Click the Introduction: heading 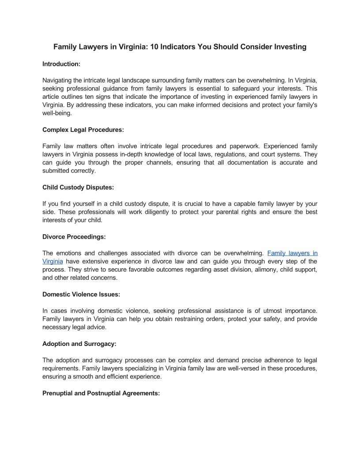pyautogui.click(x=61, y=64)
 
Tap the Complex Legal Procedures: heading pyautogui.click(x=83, y=130)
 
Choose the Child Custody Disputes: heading pyautogui.click(x=78, y=187)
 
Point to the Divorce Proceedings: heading pyautogui.click(x=74, y=237)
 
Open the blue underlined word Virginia pyautogui.click(x=52, y=261)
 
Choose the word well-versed pyautogui.click(x=226, y=368)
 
